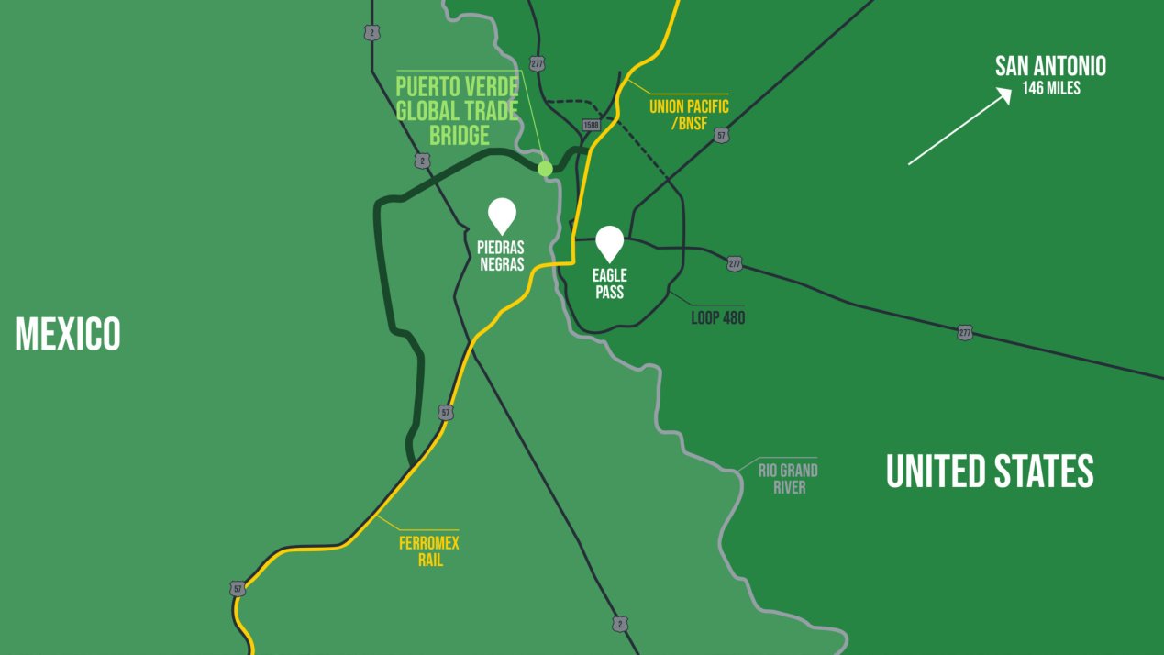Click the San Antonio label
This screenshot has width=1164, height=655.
(x=1050, y=66)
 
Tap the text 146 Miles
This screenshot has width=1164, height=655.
(x=1051, y=89)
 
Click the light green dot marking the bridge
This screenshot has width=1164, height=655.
(x=545, y=168)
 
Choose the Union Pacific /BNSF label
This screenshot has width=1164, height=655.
(x=690, y=115)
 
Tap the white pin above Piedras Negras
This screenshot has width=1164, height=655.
(x=502, y=215)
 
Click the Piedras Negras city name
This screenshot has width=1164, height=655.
(x=501, y=256)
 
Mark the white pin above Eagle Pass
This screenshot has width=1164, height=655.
(x=610, y=243)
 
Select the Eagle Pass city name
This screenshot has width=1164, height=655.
(x=609, y=284)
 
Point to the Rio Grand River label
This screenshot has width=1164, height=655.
(x=788, y=479)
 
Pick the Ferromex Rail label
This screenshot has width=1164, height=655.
(x=428, y=551)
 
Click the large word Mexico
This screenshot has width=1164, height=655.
(x=68, y=334)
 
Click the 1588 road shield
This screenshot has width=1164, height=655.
(x=591, y=125)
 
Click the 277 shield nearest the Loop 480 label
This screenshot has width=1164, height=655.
(x=734, y=263)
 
